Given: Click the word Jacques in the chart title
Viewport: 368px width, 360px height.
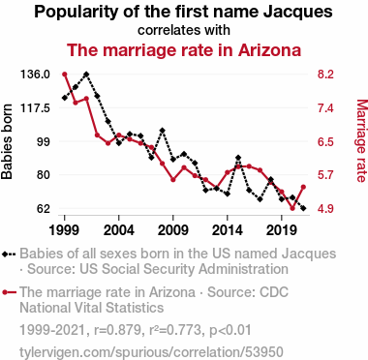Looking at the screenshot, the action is coord(297,13).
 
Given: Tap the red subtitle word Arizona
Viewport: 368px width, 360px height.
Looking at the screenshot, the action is coord(269,50).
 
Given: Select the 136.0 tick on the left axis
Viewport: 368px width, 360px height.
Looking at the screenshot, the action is coord(35,75).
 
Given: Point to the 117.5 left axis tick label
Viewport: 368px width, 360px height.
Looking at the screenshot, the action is coord(35,108).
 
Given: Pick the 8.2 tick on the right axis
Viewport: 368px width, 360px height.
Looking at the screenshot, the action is coord(325,75).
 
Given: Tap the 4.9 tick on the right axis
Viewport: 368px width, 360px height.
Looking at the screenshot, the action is coord(325,209).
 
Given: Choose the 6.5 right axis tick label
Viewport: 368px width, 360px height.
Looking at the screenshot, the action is coord(325,141).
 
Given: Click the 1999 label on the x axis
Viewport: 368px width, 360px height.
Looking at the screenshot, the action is coord(64,230).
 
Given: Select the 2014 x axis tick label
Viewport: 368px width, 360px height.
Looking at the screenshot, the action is coord(228,230).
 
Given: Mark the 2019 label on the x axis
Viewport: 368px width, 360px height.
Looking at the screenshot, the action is coord(282,230).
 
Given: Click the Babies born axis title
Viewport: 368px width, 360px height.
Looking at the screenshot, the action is coord(7,141).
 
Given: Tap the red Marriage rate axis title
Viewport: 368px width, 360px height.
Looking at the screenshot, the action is coord(361,140).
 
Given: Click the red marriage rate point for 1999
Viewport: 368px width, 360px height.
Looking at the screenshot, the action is coord(64,75).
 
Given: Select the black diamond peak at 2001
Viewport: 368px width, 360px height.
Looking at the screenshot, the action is coord(86,75).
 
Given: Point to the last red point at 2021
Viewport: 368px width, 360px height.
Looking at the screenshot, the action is coord(303,187).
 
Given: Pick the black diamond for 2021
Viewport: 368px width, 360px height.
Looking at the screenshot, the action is coord(303,209).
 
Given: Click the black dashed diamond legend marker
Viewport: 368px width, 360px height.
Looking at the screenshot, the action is coord(9,254).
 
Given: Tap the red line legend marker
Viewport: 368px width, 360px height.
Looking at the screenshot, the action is coord(9,292).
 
